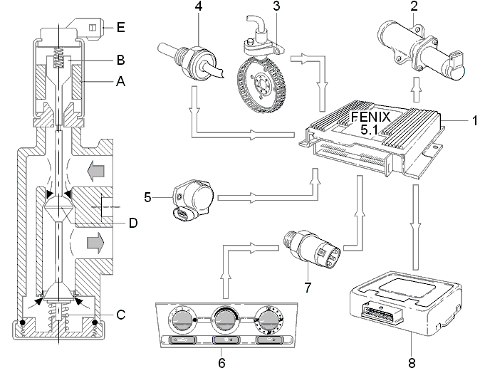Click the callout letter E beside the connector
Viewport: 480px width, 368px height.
click(121, 28)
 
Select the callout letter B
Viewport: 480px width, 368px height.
click(121, 60)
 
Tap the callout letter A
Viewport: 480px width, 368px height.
click(121, 81)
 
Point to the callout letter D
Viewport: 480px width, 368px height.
click(133, 223)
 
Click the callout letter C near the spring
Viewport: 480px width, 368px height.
click(121, 315)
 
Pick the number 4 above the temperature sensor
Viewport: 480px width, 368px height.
click(199, 6)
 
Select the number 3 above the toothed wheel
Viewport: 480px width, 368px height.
click(276, 6)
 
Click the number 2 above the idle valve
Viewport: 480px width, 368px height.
click(414, 6)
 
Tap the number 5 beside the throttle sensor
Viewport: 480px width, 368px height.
click(148, 197)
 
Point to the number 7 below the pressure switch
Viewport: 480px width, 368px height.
click(308, 288)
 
